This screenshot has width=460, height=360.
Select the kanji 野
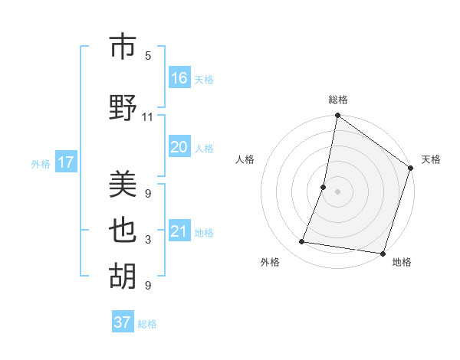click(x=123, y=108)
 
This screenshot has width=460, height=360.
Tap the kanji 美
click(x=123, y=185)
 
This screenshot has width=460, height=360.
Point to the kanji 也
click(x=123, y=231)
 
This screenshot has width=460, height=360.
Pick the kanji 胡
click(x=123, y=277)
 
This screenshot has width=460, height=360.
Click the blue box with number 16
click(x=179, y=78)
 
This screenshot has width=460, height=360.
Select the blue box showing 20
click(x=179, y=147)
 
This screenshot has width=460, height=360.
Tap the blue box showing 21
click(x=179, y=231)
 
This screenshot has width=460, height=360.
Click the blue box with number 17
click(x=65, y=162)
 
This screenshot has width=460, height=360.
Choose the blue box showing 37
click(x=123, y=322)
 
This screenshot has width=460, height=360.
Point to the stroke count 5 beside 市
click(x=148, y=56)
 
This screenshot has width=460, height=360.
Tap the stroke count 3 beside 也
click(x=148, y=240)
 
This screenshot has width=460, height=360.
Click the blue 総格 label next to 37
click(x=147, y=324)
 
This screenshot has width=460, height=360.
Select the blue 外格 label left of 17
click(x=41, y=163)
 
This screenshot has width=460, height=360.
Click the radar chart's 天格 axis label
click(x=431, y=159)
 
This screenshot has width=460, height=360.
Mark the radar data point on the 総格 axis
click(x=337, y=116)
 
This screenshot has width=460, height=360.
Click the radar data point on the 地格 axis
click(x=382, y=253)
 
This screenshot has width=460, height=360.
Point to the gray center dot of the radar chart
click(x=337, y=191)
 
